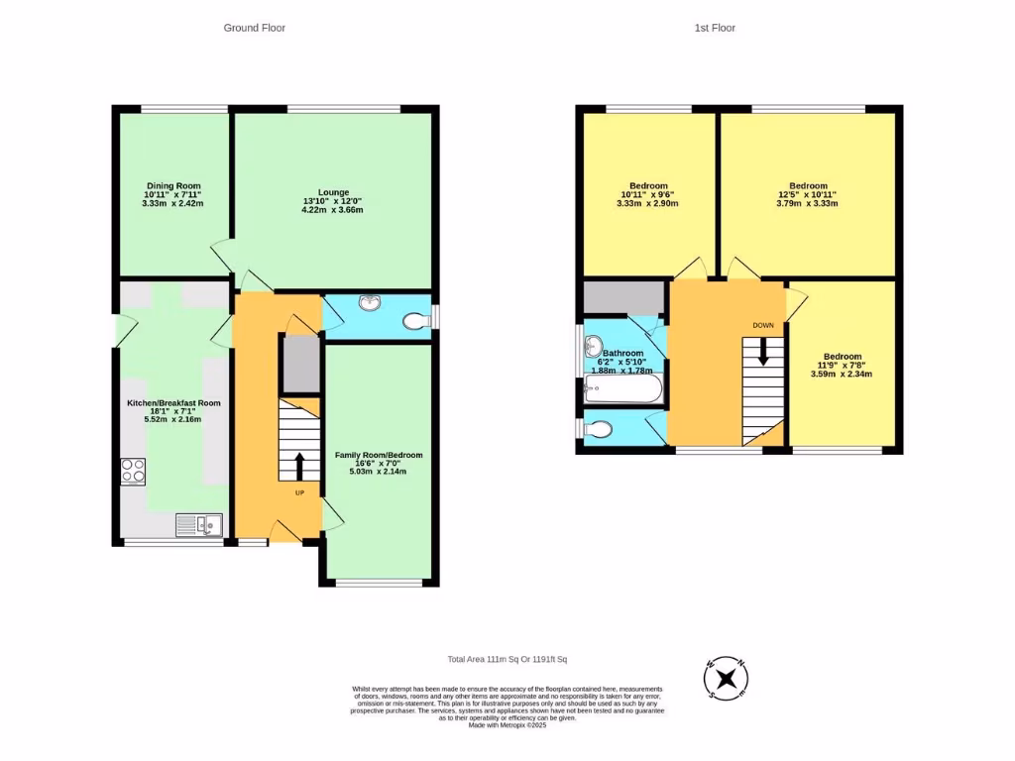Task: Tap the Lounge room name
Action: (x=333, y=192)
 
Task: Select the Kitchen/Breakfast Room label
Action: (x=173, y=403)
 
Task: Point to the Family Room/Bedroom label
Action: (x=379, y=455)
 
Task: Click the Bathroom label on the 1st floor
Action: (x=623, y=354)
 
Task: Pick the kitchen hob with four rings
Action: (x=133, y=471)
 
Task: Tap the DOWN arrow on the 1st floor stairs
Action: (x=762, y=352)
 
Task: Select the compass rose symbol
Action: (x=726, y=679)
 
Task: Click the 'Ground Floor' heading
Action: (x=254, y=28)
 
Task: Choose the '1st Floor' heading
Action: (x=715, y=28)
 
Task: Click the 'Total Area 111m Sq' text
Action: (x=507, y=660)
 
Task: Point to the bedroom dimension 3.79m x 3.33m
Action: (x=807, y=203)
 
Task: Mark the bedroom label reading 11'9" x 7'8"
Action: (x=842, y=366)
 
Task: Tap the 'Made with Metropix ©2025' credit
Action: (x=507, y=725)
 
